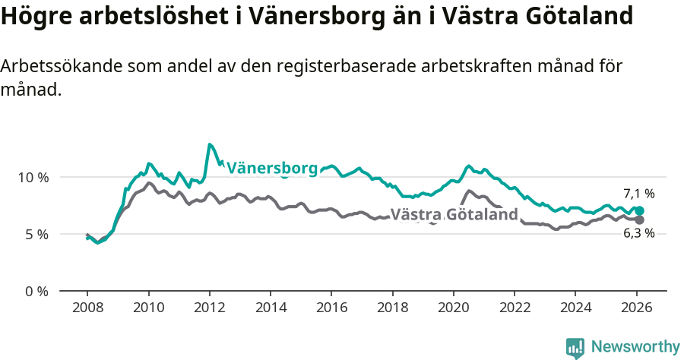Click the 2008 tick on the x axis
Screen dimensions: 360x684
click(x=87, y=307)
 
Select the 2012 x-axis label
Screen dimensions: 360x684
click(x=209, y=307)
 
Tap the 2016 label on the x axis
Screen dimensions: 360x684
click(x=331, y=307)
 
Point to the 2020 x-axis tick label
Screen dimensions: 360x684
click(x=454, y=307)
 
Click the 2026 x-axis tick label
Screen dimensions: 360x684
click(x=637, y=307)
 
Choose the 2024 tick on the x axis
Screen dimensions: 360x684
click(x=575, y=307)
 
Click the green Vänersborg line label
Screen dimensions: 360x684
click(x=271, y=168)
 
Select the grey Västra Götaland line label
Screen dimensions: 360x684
click(x=454, y=214)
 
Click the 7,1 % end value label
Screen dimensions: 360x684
click(x=638, y=194)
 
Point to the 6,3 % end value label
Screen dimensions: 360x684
click(x=638, y=233)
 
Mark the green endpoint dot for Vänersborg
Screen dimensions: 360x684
click(x=639, y=210)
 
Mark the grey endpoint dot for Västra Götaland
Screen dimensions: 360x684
click(x=639, y=219)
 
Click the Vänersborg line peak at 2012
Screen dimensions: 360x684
click(x=209, y=144)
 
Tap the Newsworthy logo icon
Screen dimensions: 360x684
click(x=575, y=348)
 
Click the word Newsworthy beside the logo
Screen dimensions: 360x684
click(x=635, y=347)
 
